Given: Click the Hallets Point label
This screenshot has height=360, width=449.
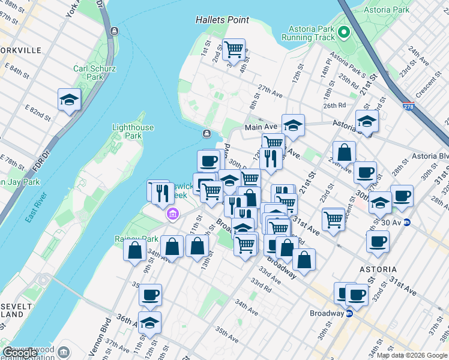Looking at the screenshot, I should tap(222, 20).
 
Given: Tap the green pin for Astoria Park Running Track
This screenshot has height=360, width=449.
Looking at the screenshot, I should tap(344, 31).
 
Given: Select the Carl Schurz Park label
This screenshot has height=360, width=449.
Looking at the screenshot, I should tap(89, 73).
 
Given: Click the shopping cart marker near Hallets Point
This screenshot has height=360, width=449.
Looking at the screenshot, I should tap(233, 49).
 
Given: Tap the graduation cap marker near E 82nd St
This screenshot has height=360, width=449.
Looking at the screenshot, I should tap(69, 100).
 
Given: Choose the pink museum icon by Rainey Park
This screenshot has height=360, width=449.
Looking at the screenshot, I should tap(172, 213).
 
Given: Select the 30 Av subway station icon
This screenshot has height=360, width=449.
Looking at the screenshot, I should tap(406, 222).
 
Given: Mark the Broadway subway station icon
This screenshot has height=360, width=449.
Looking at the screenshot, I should tap(349, 313).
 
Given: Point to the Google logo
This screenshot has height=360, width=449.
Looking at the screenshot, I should tap(20, 353).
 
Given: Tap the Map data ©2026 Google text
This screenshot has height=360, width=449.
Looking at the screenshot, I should tap(412, 355).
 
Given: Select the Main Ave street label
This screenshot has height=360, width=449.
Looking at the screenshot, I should tap(260, 127).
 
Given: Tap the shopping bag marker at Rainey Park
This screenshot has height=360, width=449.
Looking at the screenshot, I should tap(134, 248).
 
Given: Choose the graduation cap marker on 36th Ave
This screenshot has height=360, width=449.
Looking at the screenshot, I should tap(149, 323).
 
